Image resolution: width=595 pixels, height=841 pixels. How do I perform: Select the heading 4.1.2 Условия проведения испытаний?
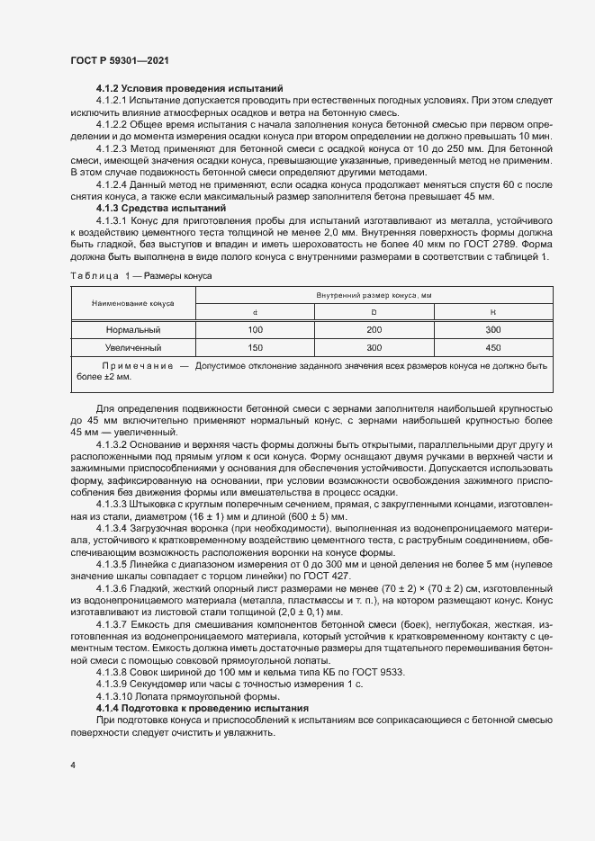pyautogui.click(x=190, y=88)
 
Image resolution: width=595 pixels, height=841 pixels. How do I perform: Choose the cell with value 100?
pyautogui.click(x=255, y=330)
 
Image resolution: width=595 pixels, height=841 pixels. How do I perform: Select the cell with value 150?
pyautogui.click(x=255, y=347)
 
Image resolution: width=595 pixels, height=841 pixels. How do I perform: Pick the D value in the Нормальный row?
pyautogui.click(x=374, y=330)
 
